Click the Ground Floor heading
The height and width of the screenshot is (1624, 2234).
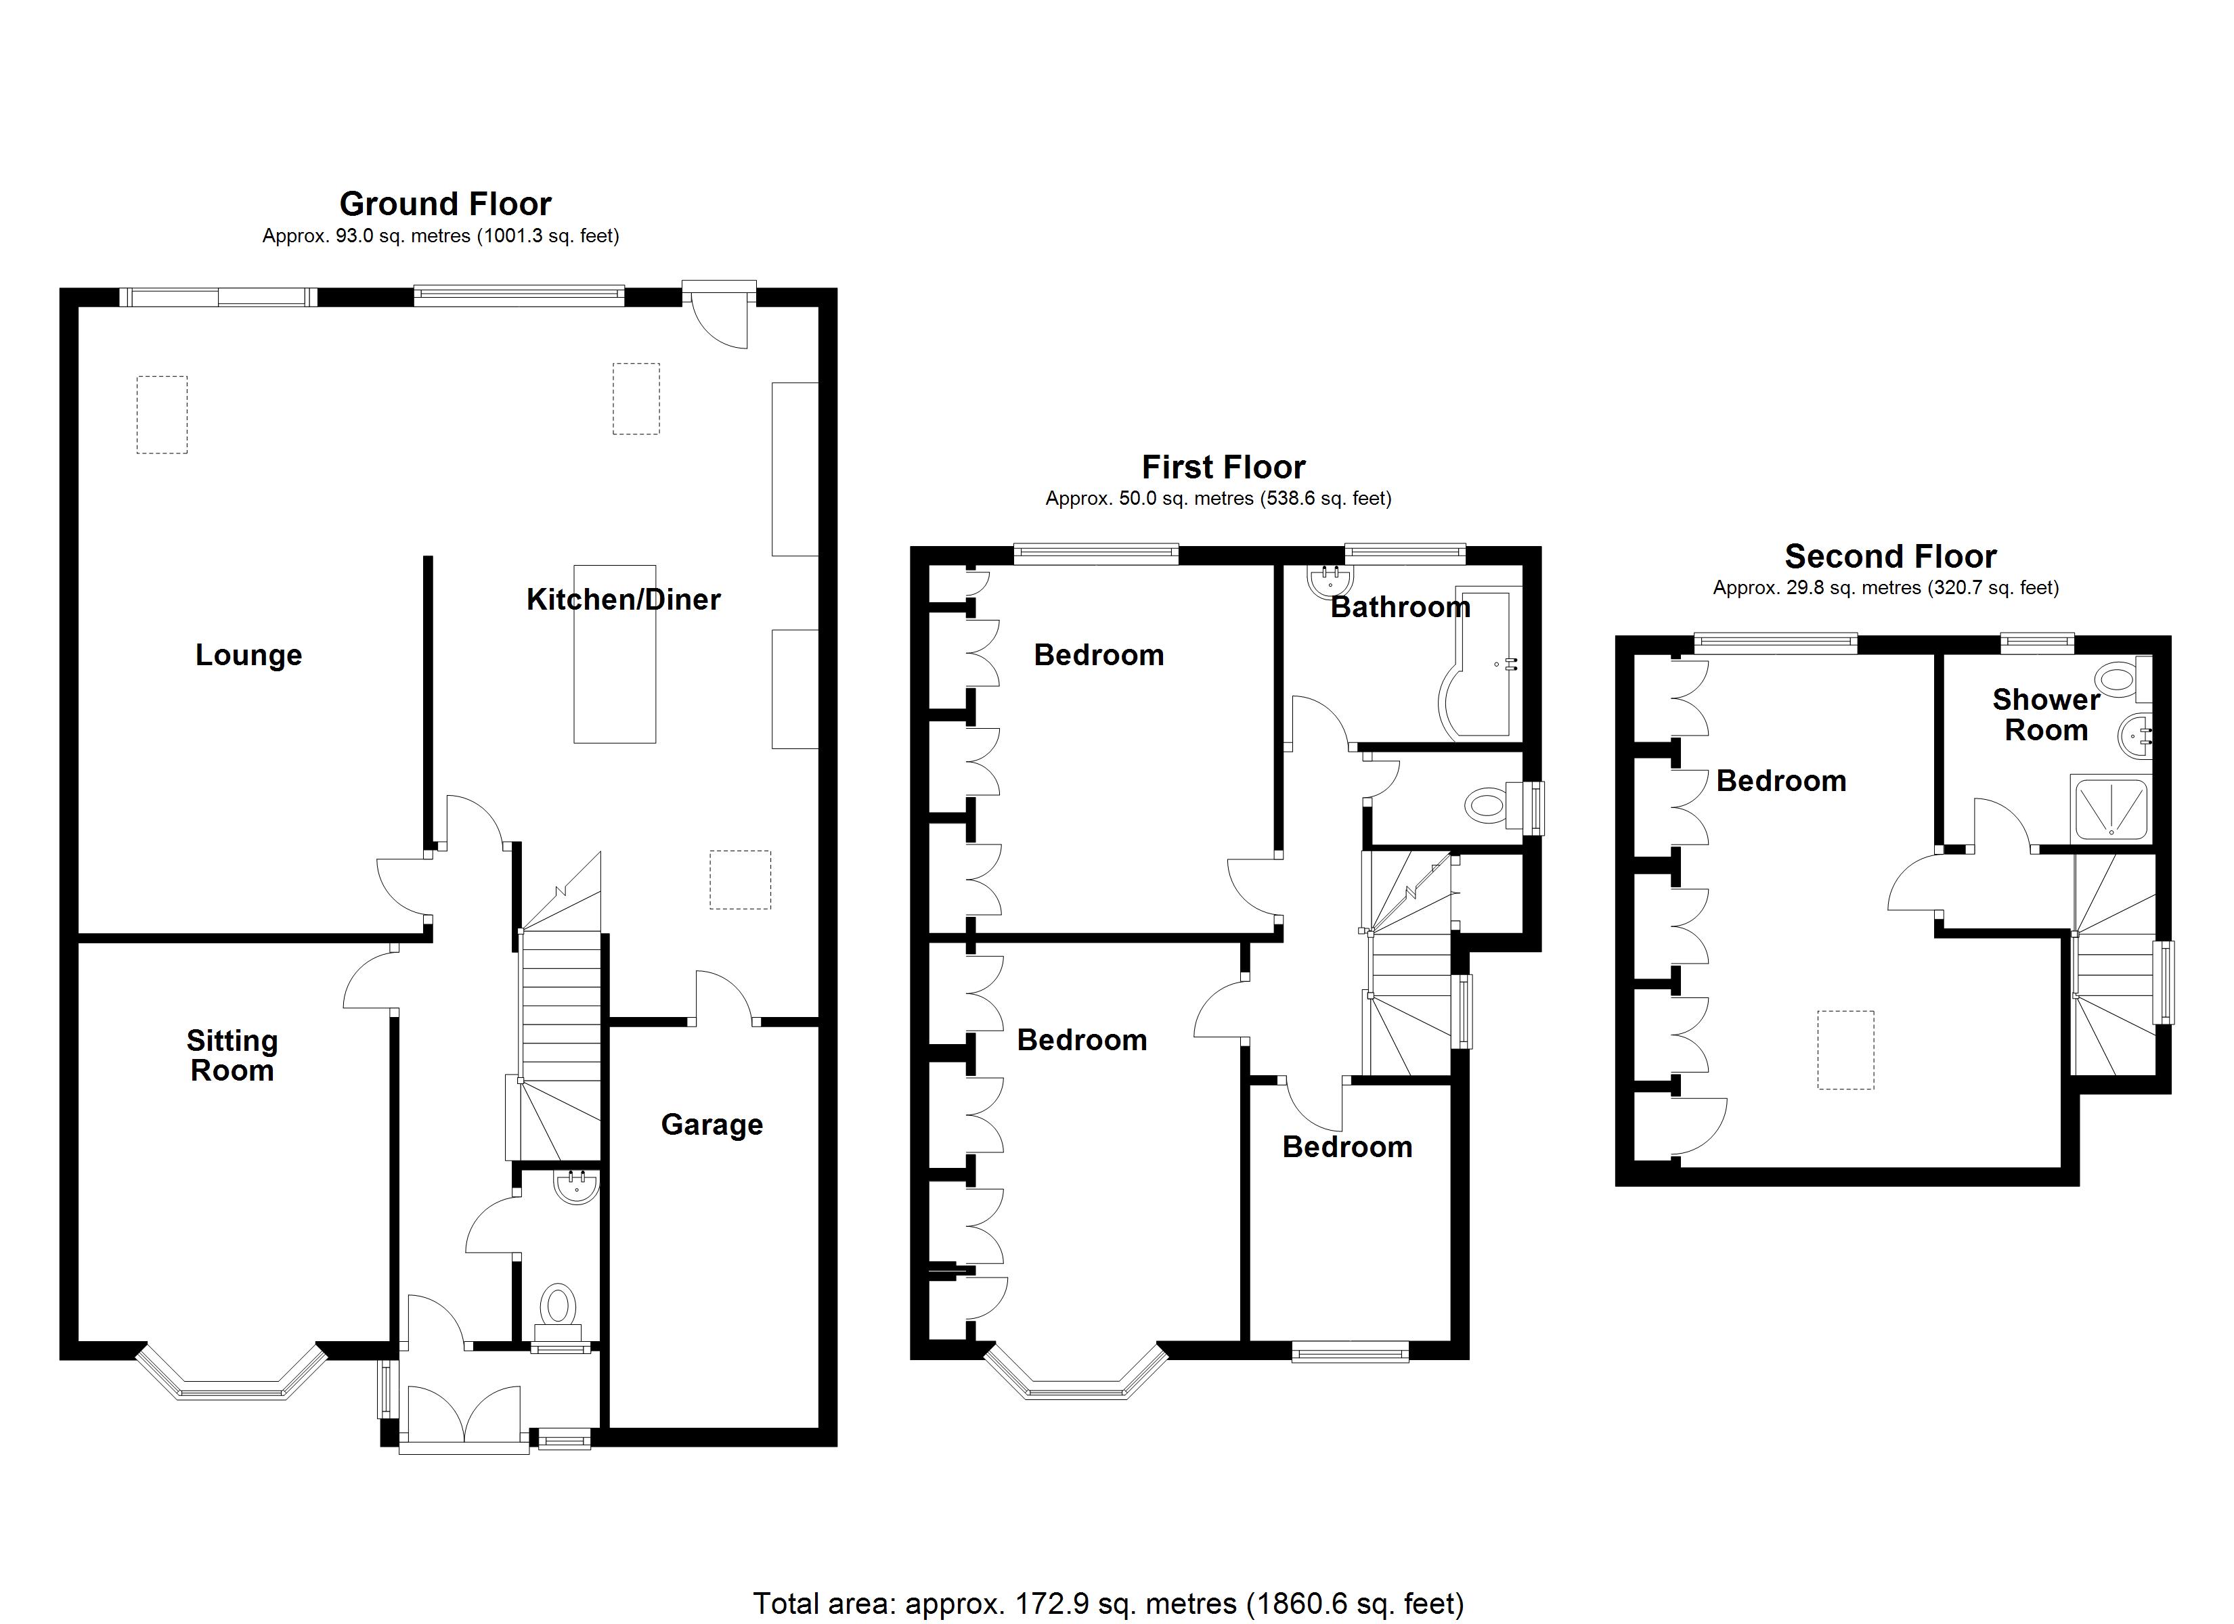[445, 204]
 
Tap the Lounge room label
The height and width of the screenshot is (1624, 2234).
[248, 655]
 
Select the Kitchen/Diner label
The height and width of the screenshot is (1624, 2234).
[623, 600]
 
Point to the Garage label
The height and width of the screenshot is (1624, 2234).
[711, 1125]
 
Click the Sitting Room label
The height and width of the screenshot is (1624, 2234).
[232, 1056]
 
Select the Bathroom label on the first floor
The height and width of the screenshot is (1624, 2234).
[1400, 607]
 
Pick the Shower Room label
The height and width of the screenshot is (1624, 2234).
[2046, 715]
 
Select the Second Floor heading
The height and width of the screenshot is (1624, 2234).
[1890, 556]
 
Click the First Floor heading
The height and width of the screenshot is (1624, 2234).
[1223, 467]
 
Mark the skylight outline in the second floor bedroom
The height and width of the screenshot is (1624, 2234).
[1845, 1050]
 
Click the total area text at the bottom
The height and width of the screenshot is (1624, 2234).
[1108, 1603]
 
